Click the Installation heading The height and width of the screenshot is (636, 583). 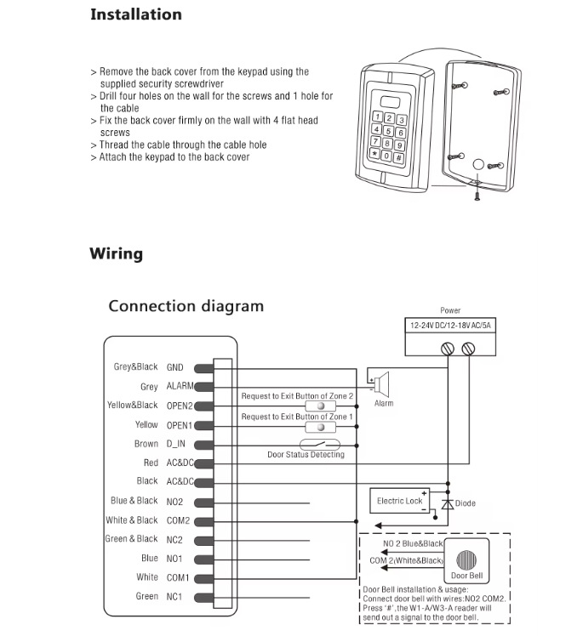pos(135,14)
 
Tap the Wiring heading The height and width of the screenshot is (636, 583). pos(116,253)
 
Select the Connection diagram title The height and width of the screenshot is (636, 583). pos(186,306)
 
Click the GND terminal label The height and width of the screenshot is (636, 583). pos(174,367)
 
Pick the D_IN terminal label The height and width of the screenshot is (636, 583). pos(175,444)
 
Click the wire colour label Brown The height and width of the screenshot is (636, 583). pos(146,444)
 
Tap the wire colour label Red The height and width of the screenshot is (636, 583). pos(151,463)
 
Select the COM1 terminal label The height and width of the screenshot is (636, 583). pos(178,577)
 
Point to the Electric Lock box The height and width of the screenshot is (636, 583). pos(400,502)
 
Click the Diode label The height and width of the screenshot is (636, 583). pos(466,503)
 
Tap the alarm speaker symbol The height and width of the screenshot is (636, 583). pos(382,383)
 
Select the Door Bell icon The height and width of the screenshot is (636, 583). pos(466,561)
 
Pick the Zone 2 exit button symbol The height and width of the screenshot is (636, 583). pos(320,406)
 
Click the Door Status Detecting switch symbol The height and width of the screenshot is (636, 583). pos(318,444)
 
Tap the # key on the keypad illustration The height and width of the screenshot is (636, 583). pos(397,157)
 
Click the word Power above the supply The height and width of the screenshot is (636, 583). pos(450,311)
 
